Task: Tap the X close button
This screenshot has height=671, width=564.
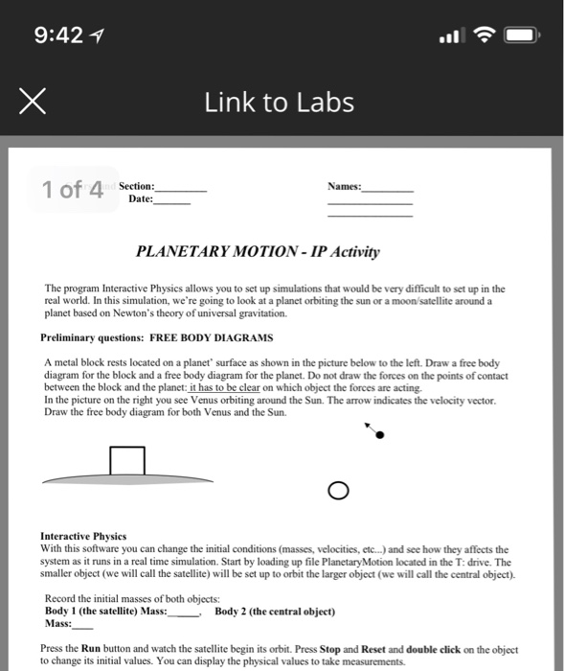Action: pos(33,102)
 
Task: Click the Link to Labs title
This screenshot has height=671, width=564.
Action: pos(280,103)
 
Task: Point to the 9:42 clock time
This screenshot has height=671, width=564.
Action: pos(58,35)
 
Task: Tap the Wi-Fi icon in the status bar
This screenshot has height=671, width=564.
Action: pos(484,35)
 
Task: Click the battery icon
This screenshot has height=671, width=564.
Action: pos(522,35)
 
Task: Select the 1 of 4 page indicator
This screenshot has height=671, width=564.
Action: pos(73,189)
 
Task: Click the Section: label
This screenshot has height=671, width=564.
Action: pos(137,186)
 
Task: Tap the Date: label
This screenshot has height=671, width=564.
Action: pos(141,199)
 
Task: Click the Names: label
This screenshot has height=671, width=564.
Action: pos(345,186)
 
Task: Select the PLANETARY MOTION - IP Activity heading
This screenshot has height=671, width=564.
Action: pos(258,251)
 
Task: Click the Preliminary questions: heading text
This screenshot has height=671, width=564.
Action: pos(92,337)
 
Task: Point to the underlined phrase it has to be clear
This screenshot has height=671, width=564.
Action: pos(225,387)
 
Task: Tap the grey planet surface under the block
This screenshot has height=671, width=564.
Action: pos(127,479)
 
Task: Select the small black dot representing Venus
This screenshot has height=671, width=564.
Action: pos(380,435)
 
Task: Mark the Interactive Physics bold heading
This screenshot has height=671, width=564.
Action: pos(83,536)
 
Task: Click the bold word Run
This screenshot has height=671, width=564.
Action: pos(91,649)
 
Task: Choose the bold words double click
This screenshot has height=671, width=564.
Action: pos(433,649)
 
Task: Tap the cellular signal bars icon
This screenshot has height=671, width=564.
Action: pos(452,35)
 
